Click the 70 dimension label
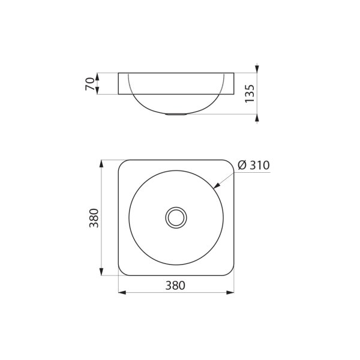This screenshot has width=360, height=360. click(90, 84)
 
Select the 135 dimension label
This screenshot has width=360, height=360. click(250, 94)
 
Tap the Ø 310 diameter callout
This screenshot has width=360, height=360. click(253, 165)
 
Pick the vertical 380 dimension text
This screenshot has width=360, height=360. click(94, 218)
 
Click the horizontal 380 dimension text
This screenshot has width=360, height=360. click(175, 286)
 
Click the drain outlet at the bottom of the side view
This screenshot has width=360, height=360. click(176, 114)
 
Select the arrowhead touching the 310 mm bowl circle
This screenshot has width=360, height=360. click(217, 185)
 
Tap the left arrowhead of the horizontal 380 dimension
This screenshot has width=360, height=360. click(122, 293)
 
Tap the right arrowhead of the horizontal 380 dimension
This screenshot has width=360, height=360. click(230, 293)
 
